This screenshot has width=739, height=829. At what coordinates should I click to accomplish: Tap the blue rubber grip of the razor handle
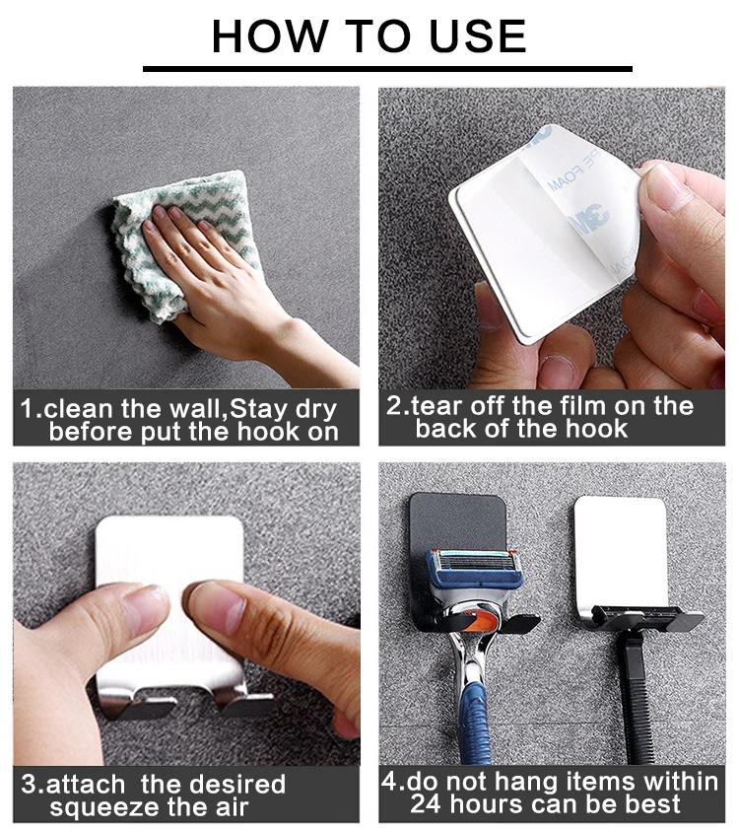tap(474, 724)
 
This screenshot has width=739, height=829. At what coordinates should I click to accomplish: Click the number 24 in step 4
tap(426, 803)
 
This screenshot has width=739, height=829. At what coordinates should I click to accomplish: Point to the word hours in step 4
tap(488, 803)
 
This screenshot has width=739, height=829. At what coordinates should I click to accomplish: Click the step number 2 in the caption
tap(394, 406)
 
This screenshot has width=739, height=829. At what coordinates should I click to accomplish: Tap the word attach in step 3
tap(86, 784)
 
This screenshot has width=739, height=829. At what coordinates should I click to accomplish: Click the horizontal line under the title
tap(387, 69)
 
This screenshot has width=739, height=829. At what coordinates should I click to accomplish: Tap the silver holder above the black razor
tap(621, 555)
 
